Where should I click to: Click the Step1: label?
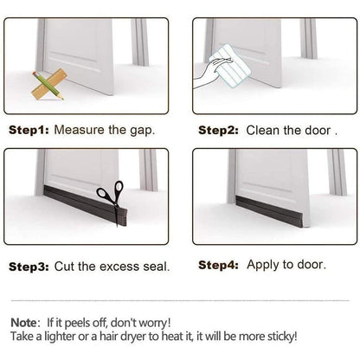click(29, 131)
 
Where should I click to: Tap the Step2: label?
click(219, 131)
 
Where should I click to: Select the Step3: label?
click(29, 267)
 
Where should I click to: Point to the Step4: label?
click(219, 265)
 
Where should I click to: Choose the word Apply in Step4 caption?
click(264, 266)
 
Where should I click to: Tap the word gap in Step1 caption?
click(144, 132)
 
